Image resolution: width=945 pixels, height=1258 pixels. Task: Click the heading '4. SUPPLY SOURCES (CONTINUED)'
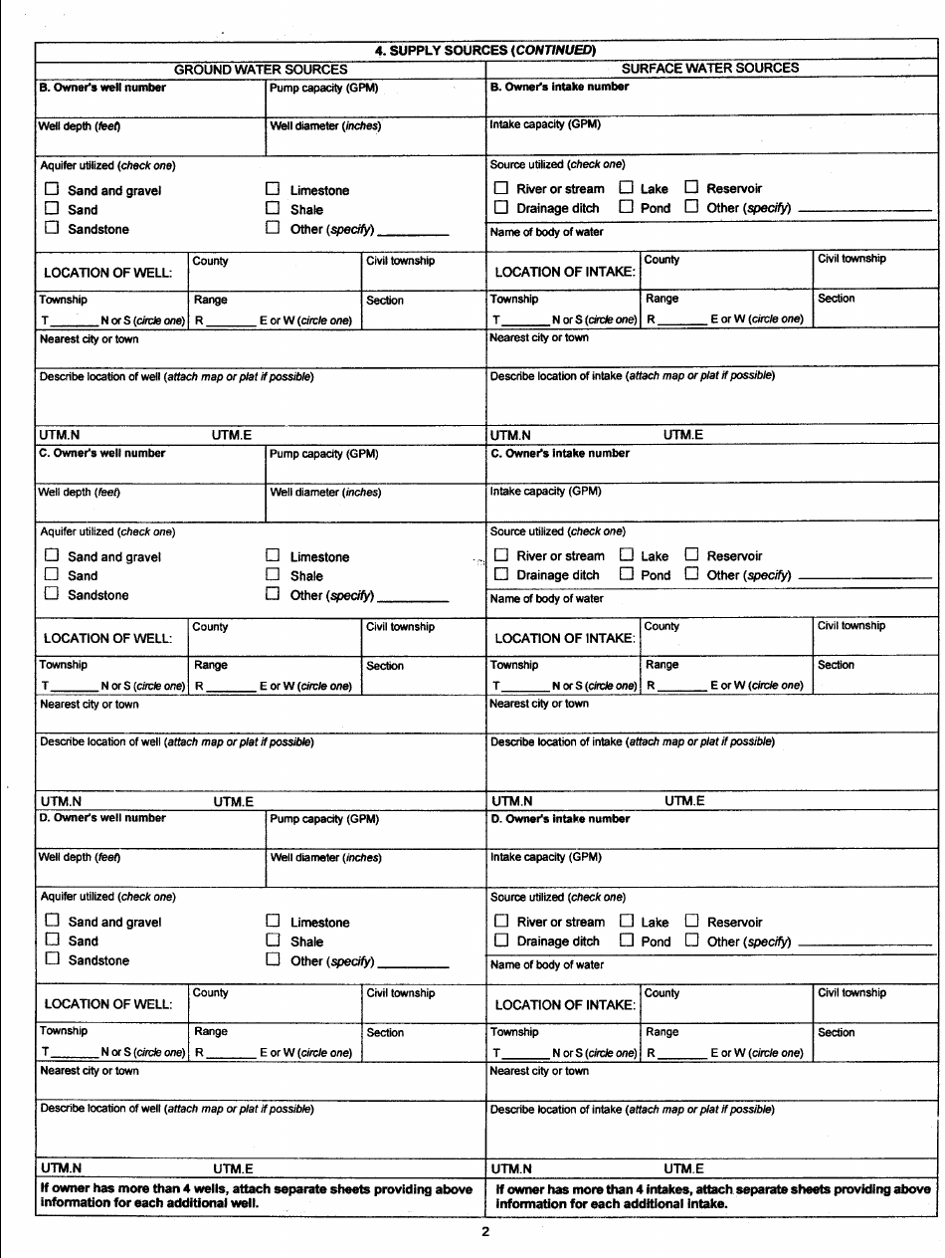[485, 50]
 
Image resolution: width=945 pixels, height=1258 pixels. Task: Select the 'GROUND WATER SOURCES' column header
[261, 70]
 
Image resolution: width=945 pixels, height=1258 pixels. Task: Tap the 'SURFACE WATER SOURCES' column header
[709, 69]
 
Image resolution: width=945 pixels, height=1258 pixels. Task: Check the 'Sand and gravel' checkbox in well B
[52, 190]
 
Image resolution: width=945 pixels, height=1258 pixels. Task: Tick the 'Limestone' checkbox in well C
[273, 557]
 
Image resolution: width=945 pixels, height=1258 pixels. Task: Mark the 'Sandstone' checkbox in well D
[52, 960]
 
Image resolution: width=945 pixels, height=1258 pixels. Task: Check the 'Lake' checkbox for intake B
[627, 188]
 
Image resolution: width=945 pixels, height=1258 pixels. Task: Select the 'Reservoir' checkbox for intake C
[692, 556]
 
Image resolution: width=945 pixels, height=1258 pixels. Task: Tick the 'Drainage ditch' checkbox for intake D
[501, 941]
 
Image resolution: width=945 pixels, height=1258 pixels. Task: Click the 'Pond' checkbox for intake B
[627, 207]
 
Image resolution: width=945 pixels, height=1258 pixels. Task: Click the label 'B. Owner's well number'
[102, 88]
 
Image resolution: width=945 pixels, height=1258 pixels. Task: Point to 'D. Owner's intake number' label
[560, 819]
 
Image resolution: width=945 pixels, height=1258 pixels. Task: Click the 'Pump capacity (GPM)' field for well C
[374, 468]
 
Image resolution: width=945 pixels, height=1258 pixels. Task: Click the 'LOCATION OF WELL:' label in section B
[109, 272]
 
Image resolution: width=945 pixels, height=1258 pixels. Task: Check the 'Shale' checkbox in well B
[273, 209]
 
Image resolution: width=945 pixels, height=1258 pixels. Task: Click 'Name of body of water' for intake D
[547, 965]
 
